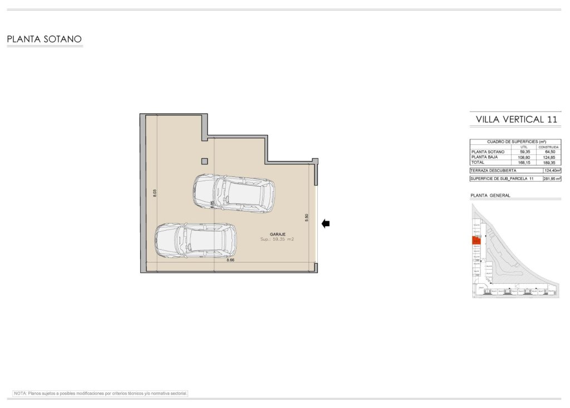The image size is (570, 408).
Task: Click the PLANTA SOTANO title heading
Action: click(45, 40)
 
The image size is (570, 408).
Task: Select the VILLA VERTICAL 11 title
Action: click(516, 119)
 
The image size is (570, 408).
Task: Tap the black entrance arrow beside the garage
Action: click(326, 224)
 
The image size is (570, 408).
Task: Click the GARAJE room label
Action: click(277, 234)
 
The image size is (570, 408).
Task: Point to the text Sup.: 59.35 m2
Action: click(277, 239)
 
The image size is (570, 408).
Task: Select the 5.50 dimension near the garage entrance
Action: click(306, 218)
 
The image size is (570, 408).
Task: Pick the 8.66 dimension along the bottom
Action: click(230, 260)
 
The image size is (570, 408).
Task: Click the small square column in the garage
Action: click(205, 161)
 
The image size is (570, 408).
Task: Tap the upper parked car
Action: click(234, 193)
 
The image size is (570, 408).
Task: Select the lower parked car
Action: click(195, 240)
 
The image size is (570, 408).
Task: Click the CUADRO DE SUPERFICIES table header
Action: click(515, 142)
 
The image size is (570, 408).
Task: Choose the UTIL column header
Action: click(524, 147)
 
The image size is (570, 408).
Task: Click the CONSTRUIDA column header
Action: click(549, 147)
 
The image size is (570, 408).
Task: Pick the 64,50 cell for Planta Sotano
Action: click(549, 152)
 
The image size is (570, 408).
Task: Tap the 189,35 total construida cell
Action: click(549, 162)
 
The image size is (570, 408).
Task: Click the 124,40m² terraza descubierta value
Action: click(552, 171)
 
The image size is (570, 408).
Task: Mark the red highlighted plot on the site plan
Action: click(476, 240)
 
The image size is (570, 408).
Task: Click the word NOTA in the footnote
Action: click(20, 393)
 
